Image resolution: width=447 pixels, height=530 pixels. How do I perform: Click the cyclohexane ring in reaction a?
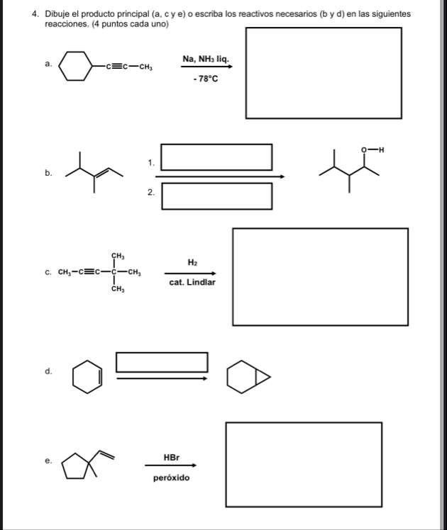(75, 67)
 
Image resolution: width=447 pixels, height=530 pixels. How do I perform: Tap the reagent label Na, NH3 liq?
(205, 58)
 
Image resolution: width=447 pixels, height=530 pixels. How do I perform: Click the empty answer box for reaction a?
(324, 73)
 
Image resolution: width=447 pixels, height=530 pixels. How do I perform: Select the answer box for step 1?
(216, 157)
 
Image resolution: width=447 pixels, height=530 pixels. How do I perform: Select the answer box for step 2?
(216, 196)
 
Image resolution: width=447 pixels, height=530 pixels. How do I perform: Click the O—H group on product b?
(372, 150)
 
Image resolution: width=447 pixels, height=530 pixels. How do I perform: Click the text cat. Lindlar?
(192, 282)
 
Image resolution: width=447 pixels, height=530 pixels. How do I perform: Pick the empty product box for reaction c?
(320, 276)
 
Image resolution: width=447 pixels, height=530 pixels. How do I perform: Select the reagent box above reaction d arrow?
(162, 362)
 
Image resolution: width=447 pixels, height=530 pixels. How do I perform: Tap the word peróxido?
(171, 478)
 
